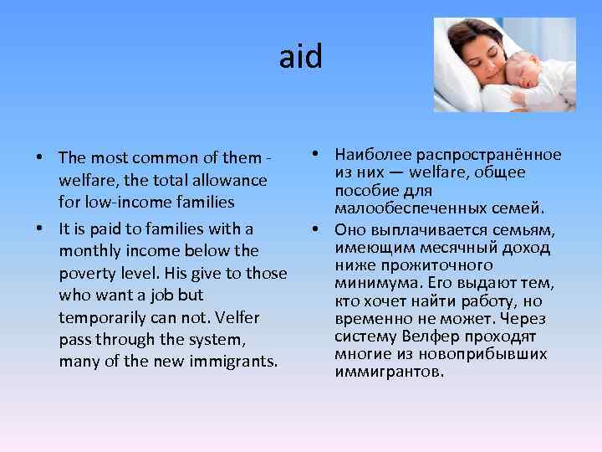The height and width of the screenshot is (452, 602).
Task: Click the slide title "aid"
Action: pos(300,58)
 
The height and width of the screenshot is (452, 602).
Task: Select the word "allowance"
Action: pos(232,180)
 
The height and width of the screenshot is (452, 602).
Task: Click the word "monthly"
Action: pos(89,250)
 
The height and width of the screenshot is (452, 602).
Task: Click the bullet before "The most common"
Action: pos(39,158)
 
